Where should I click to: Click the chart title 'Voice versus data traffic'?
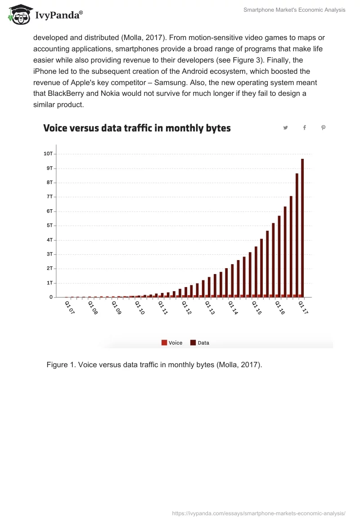(137, 128)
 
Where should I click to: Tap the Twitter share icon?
(285, 128)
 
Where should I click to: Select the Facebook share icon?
(304, 128)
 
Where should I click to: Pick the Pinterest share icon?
(323, 128)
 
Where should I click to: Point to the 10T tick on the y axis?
(48, 154)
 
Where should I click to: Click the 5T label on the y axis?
(49, 225)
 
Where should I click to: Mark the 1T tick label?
(49, 283)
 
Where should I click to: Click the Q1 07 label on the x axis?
(69, 308)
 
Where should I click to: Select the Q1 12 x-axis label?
(186, 308)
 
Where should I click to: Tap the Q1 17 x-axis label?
(303, 308)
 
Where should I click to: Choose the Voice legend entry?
(172, 343)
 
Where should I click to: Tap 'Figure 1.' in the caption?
(61, 364)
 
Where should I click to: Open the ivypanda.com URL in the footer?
(259, 513)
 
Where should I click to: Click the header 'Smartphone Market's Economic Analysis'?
(294, 10)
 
